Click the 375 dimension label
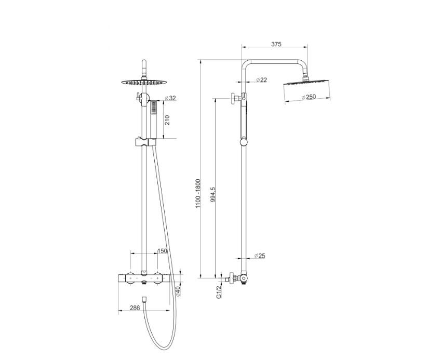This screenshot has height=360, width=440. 276,44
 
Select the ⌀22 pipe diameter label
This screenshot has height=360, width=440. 261,80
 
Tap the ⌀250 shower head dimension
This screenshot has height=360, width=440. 309,97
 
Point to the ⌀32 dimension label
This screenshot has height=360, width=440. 170,98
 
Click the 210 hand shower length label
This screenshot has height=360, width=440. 167,120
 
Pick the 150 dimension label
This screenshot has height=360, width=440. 162,251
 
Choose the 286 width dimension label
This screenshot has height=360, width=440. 135,308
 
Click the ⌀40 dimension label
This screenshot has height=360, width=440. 178,292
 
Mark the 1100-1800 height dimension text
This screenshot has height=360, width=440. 198,193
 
